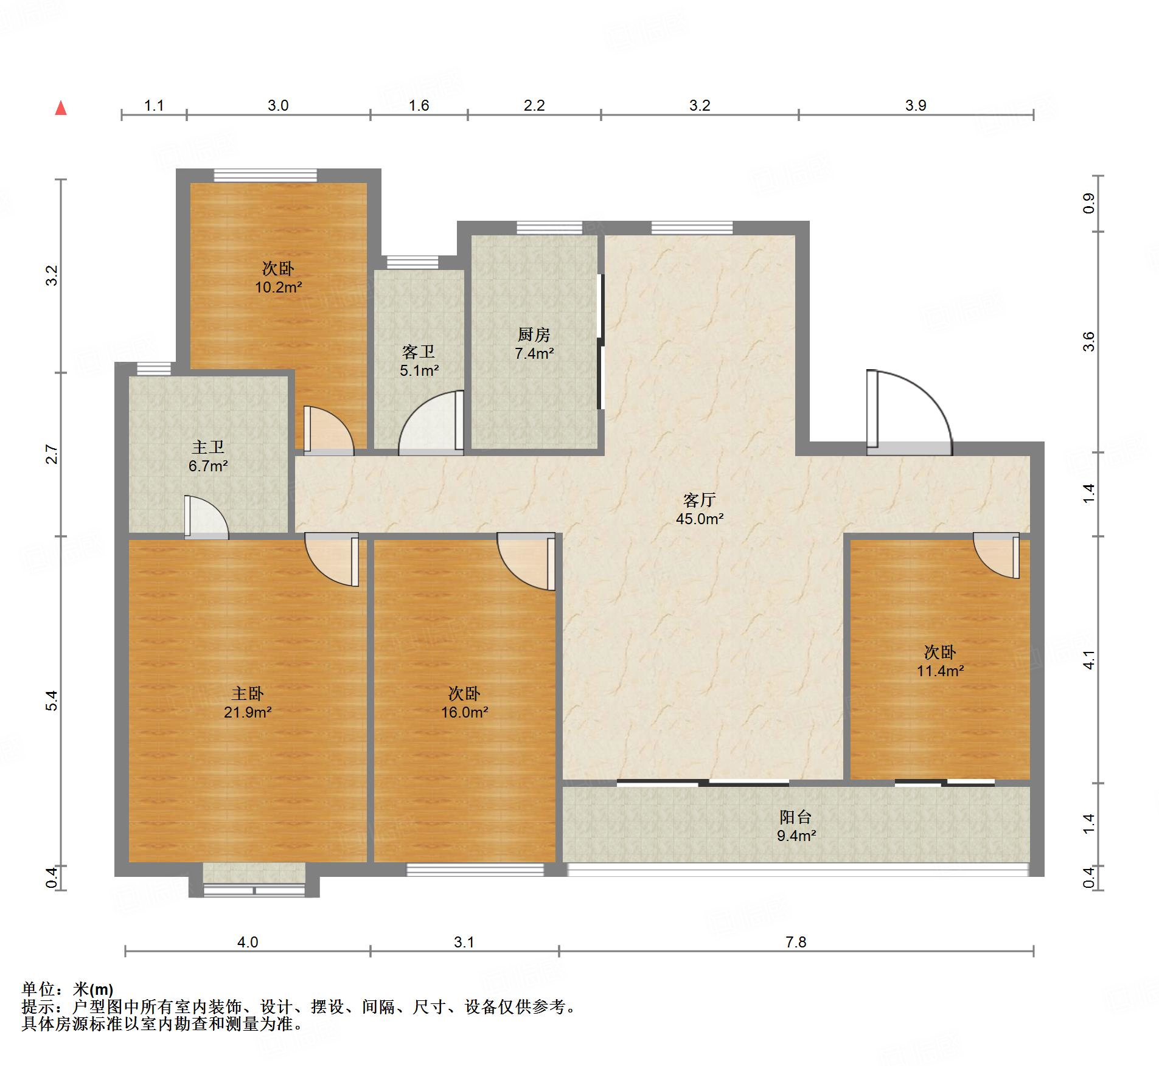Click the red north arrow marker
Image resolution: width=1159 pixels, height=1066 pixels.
coord(61,108)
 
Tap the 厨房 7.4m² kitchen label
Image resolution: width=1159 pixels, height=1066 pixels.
coord(534,344)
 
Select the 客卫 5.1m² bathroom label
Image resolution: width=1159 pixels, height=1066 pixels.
coord(419,361)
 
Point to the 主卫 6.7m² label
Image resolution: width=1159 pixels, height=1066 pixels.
coord(208,457)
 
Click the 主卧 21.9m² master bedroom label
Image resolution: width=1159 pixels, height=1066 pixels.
coord(248,702)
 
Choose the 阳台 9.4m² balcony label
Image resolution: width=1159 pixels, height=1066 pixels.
coord(796,826)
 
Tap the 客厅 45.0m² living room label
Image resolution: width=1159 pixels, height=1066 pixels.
coord(700,509)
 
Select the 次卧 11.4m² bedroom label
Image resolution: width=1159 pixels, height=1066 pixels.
coord(941,661)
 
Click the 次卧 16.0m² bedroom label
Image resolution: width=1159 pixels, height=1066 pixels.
coord(465,702)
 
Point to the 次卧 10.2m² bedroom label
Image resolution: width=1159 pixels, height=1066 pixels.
coord(279,277)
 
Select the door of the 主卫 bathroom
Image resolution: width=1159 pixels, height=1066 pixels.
coord(206,517)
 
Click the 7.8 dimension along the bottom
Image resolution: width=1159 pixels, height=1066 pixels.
coord(796,942)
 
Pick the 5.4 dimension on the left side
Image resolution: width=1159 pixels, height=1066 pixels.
coord(52,701)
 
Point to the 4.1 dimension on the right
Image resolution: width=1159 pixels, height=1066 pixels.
coord(1089,660)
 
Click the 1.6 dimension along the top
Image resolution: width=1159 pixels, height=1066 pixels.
coord(419,105)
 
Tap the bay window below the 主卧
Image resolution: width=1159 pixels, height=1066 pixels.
coord(254,881)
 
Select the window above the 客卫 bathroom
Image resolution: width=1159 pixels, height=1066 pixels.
coord(412,262)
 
